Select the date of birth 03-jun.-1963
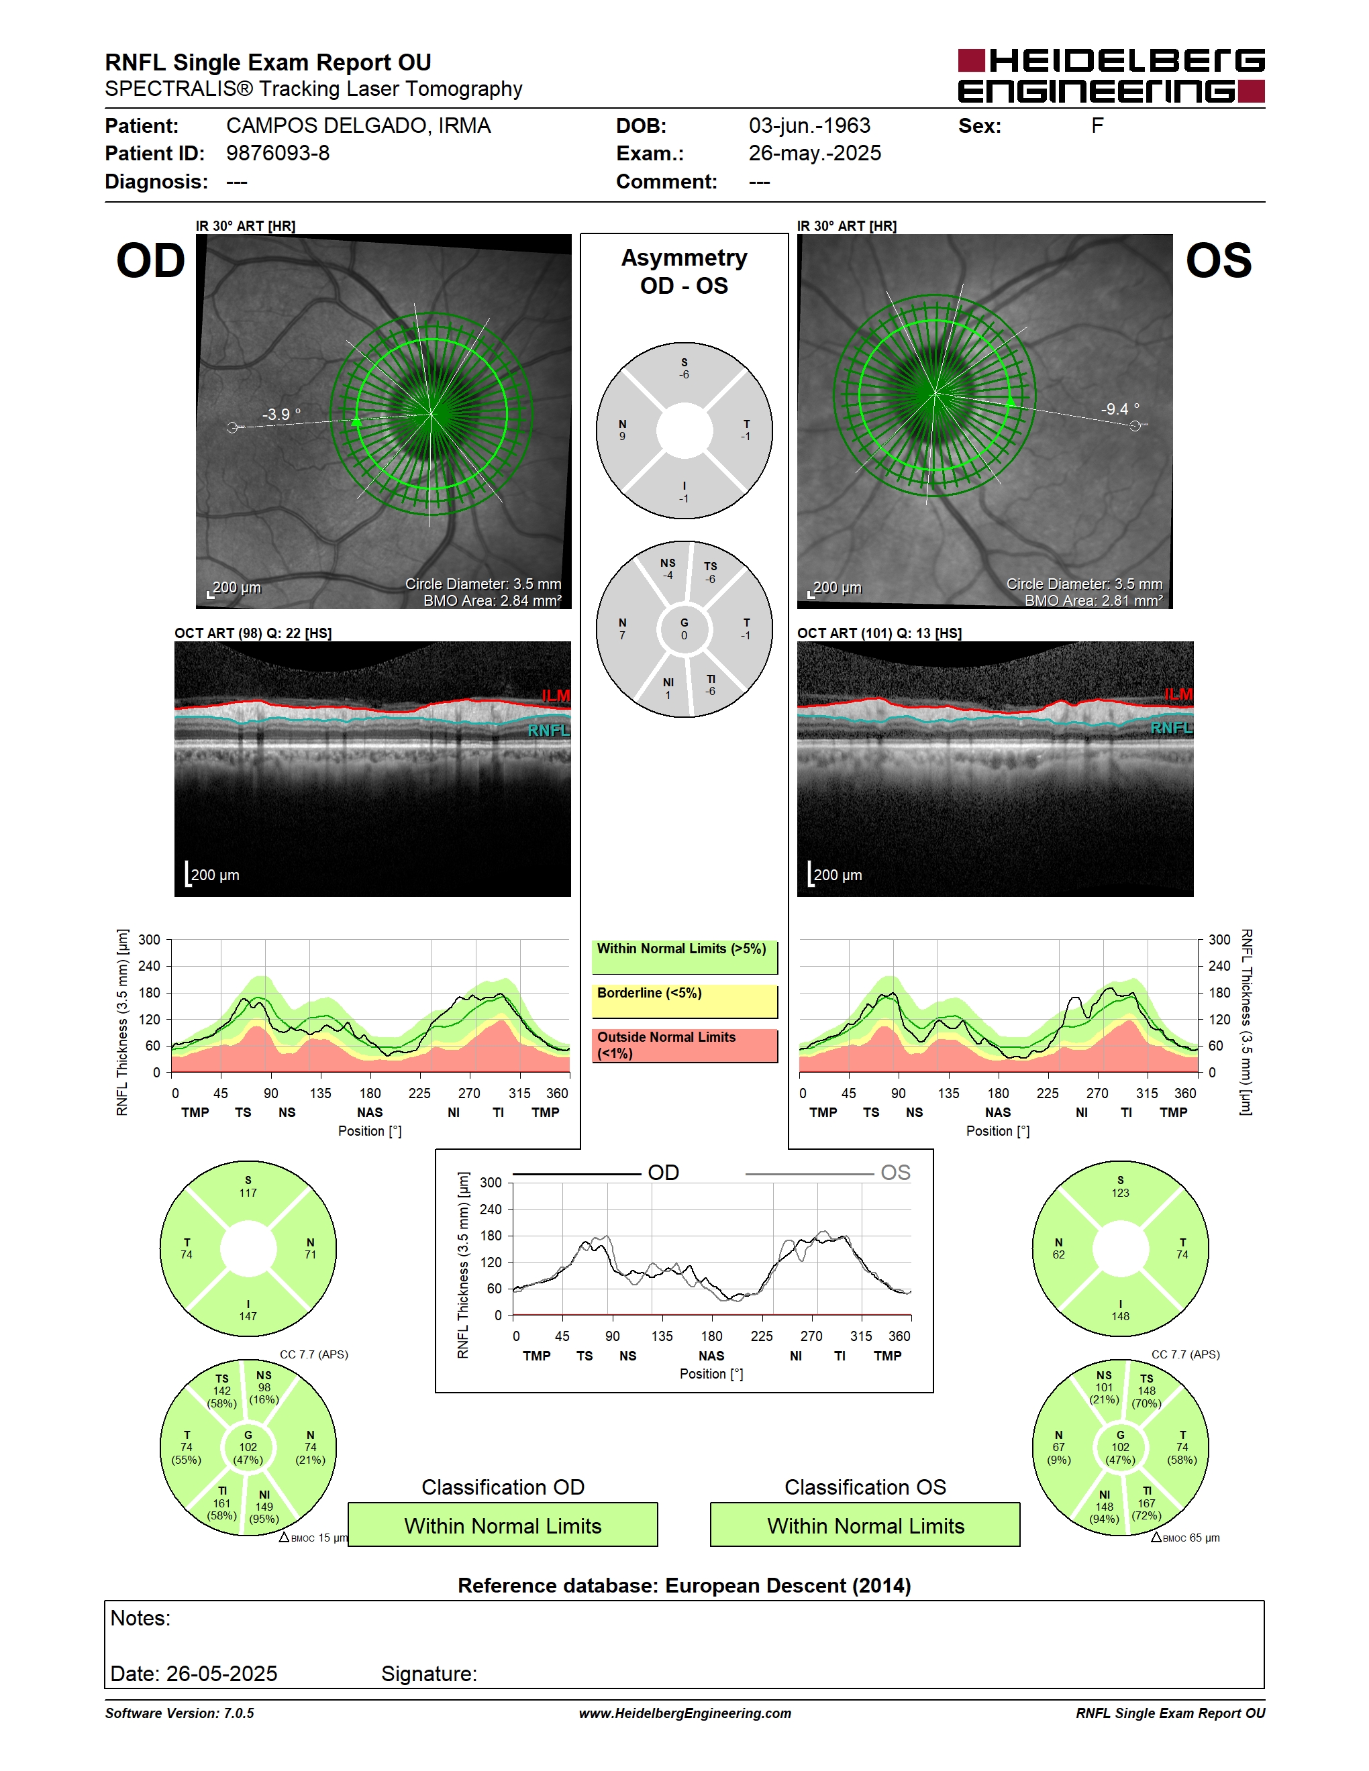809,125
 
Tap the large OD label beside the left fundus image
151,261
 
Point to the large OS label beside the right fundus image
1218,261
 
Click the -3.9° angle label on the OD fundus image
281,415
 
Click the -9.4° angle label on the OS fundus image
1119,409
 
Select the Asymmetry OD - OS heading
684,272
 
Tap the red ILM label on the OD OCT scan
556,696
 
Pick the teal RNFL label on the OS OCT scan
1171,728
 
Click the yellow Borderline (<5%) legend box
684,1002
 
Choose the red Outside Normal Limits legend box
684,1045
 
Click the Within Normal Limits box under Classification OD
503,1525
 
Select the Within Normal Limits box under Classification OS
866,1525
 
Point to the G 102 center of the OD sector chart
248,1448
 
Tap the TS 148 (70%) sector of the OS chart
1146,1391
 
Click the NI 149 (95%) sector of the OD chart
264,1507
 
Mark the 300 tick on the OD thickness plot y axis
149,940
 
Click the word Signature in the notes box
429,1674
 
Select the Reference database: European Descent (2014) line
684,1585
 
